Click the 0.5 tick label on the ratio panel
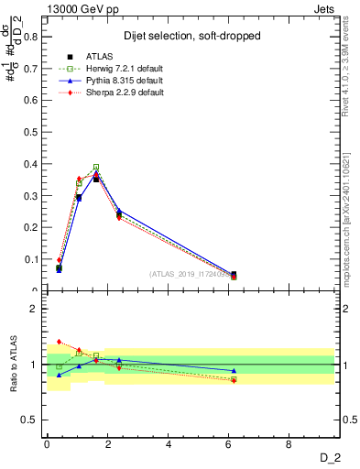32,420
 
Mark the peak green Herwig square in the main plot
96,168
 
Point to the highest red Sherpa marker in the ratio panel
59,342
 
